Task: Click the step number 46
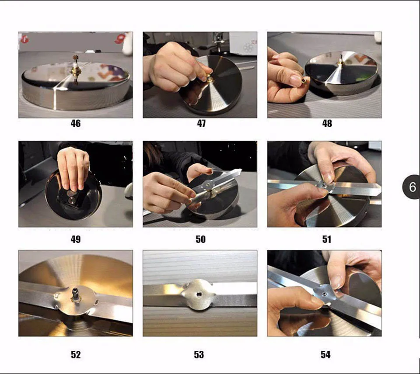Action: (x=76, y=123)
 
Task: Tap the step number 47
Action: (x=201, y=123)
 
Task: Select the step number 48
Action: (x=327, y=123)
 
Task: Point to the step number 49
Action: (x=76, y=239)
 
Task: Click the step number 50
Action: (x=201, y=239)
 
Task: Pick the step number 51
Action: (x=326, y=239)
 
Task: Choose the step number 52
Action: (x=76, y=354)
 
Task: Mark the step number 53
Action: (x=199, y=354)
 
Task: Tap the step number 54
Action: (x=325, y=354)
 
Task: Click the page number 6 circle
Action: (x=412, y=187)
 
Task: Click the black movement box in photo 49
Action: (x=71, y=199)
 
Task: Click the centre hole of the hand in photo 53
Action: (x=199, y=295)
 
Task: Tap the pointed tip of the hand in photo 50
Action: (x=240, y=170)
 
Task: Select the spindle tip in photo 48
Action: (x=341, y=56)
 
